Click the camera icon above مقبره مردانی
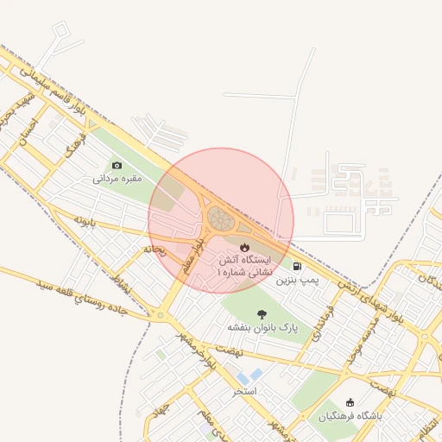(x=117, y=165)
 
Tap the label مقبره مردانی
(x=117, y=180)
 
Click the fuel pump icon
(x=298, y=267)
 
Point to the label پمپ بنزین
(x=298, y=281)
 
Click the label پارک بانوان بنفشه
(x=262, y=329)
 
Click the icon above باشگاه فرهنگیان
(x=350, y=402)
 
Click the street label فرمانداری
(x=325, y=319)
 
